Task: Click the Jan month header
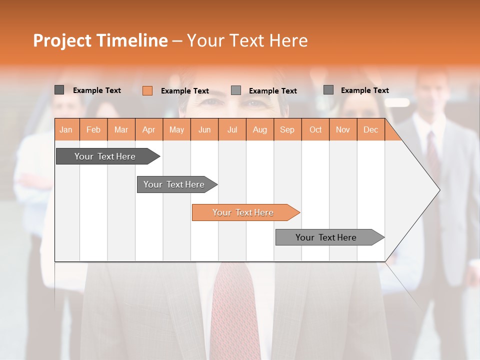(x=66, y=129)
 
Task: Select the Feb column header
(x=93, y=129)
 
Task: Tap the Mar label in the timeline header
(x=121, y=129)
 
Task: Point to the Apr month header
(x=148, y=129)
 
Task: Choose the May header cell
(x=176, y=129)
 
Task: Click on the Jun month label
(x=204, y=129)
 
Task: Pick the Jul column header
(x=232, y=129)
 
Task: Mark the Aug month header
(x=259, y=129)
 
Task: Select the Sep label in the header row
(x=287, y=129)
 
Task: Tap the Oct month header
(x=315, y=129)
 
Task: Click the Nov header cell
(x=342, y=129)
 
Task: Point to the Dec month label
(x=370, y=129)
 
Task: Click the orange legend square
(x=147, y=90)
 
